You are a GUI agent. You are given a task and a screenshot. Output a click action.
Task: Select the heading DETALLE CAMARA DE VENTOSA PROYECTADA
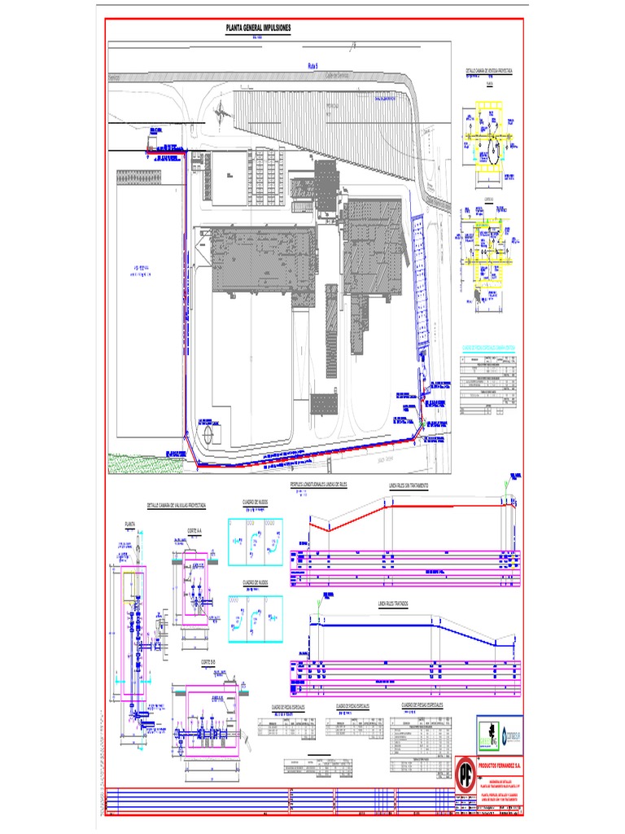[x=488, y=72]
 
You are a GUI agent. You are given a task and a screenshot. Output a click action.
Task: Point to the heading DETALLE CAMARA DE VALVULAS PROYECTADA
[x=176, y=506]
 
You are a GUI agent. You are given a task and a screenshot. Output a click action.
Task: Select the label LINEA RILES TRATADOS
[x=394, y=604]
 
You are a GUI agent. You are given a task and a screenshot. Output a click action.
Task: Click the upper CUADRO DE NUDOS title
[x=255, y=503]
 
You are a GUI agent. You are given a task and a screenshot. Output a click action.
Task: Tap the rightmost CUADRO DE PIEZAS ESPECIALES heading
[x=422, y=704]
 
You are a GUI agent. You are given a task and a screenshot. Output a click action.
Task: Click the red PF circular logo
[x=465, y=770]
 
